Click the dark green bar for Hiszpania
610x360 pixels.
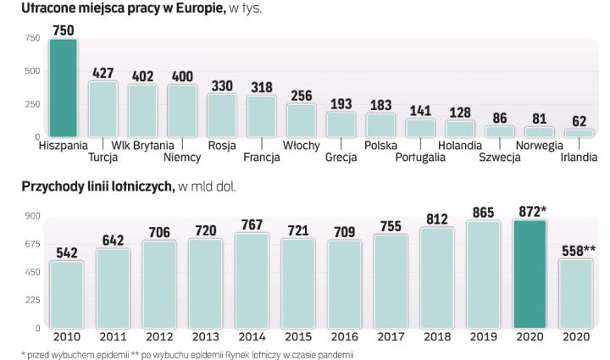point(64,87)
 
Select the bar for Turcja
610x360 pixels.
point(103,108)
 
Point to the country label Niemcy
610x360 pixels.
point(182,157)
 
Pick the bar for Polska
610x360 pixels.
point(380,125)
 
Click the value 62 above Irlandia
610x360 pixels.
point(579,121)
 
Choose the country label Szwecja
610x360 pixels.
point(500,157)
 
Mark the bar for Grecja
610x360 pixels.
point(341,124)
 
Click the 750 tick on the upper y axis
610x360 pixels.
point(32,38)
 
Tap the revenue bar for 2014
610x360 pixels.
point(250,280)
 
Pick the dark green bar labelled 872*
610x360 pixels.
point(530,274)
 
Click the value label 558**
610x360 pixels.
point(576,250)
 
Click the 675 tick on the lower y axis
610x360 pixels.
point(32,244)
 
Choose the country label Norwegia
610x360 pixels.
point(540,146)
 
